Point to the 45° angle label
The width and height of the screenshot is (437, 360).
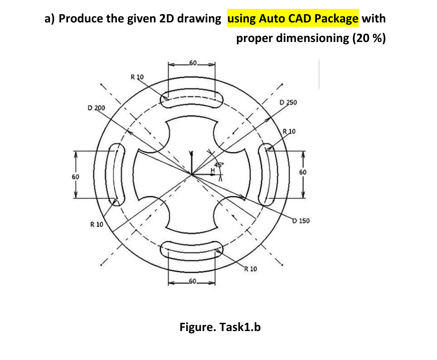click(x=220, y=165)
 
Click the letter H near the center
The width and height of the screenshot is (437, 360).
click(x=212, y=169)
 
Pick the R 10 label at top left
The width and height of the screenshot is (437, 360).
click(x=137, y=76)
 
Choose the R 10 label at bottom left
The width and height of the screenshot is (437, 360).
click(x=97, y=224)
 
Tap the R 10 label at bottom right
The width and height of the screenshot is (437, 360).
click(x=250, y=269)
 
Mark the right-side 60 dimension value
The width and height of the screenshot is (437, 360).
click(x=303, y=172)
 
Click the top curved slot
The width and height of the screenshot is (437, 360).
click(x=192, y=99)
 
